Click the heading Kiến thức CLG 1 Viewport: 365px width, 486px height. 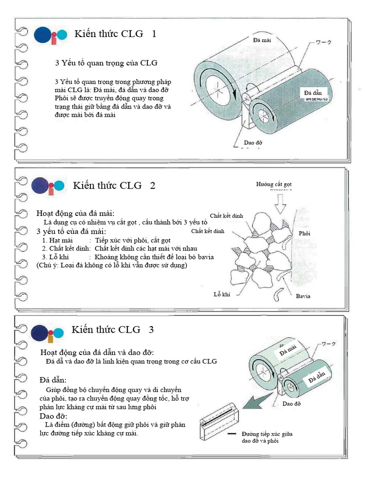[115, 34]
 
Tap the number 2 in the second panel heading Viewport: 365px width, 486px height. [153, 186]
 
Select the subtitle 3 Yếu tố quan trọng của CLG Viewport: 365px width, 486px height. [106, 63]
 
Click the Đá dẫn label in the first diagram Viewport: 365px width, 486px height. [313, 93]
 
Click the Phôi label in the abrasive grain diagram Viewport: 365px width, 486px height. [304, 234]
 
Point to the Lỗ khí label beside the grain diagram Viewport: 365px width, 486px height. [221, 294]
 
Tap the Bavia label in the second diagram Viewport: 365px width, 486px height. [303, 296]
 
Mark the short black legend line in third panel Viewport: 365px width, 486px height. [231, 434]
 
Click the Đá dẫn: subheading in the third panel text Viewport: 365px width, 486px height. [53, 380]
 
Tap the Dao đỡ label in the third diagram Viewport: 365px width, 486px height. [293, 403]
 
